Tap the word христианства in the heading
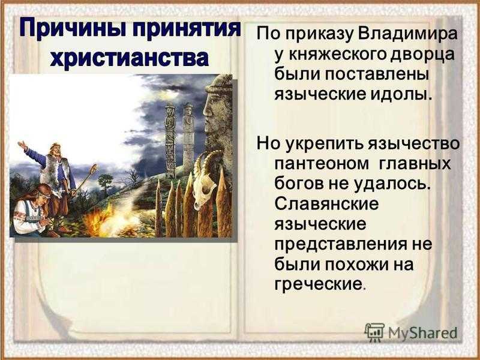pyautogui.click(x=130, y=58)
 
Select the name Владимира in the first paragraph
pyautogui.click(x=407, y=34)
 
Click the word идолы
pyautogui.click(x=401, y=94)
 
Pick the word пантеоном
pyautogui.click(x=322, y=164)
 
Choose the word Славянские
pyautogui.click(x=326, y=204)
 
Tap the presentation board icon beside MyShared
pyautogui.click(x=374, y=332)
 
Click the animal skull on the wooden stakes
pyautogui.click(x=205, y=184)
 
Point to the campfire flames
pyautogui.click(x=98, y=220)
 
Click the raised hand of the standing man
pyautogui.click(x=22, y=145)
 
